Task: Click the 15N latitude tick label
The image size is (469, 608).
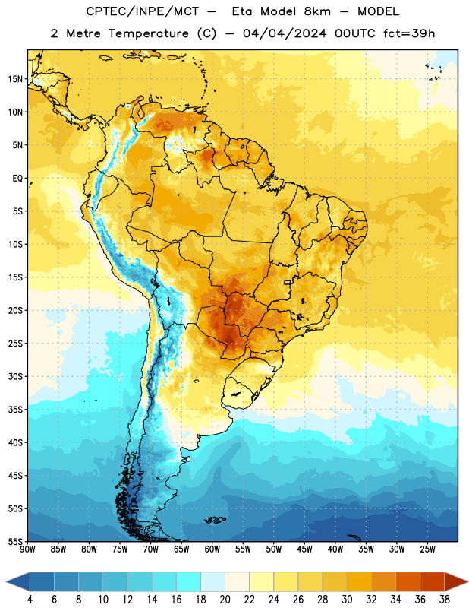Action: [x=15, y=79]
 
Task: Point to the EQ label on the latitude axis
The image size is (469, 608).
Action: [x=17, y=179]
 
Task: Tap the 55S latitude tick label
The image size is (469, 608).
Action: [x=15, y=541]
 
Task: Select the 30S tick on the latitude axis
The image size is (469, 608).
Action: [x=15, y=376]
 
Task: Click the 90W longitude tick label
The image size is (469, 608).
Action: [x=27, y=549]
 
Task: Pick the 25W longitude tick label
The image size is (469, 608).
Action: [x=427, y=549]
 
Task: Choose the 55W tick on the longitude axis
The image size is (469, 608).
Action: [x=243, y=549]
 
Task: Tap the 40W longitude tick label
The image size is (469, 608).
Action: [x=335, y=549]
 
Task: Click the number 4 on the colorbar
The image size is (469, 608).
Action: [x=30, y=599]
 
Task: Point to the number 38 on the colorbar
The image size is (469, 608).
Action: [x=445, y=599]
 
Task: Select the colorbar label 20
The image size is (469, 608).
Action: [x=225, y=599]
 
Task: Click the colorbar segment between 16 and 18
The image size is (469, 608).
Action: [x=189, y=582]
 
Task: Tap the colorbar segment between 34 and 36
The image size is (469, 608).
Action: [x=408, y=582]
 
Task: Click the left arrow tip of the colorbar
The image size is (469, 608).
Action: [x=6, y=582]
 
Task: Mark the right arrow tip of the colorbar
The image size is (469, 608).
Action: [x=467, y=582]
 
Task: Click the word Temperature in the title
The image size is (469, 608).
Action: [x=148, y=33]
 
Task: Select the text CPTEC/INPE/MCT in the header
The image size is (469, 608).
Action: [x=143, y=11]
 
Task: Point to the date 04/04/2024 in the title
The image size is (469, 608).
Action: [x=285, y=33]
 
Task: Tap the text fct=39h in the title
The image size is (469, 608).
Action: [x=409, y=33]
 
